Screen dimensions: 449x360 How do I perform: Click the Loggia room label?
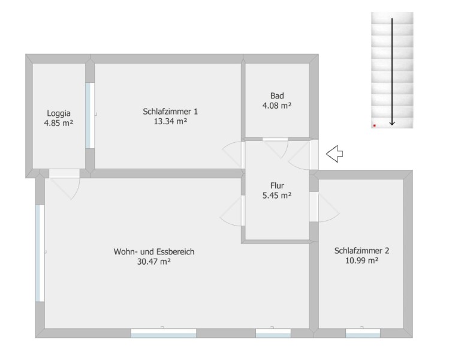59,113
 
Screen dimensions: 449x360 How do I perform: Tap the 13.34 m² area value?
170,121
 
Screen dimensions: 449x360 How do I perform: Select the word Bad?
277,95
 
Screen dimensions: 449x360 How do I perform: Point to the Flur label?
277,185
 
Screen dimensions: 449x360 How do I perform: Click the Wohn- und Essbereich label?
154,251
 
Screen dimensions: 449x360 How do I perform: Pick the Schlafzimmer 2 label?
361,251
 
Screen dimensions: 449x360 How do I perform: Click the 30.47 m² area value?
154,262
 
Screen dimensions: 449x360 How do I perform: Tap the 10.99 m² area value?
361,260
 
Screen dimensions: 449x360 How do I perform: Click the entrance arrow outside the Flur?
335,154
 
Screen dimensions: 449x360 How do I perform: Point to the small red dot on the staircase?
374,125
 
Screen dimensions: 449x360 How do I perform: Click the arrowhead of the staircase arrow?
392,124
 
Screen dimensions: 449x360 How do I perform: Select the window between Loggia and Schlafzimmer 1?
90,116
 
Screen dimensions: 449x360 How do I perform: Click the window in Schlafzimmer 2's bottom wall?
363,333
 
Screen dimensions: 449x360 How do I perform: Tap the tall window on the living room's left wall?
40,253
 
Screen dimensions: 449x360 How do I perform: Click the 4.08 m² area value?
277,106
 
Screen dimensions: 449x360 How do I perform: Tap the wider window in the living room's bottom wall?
164,333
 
